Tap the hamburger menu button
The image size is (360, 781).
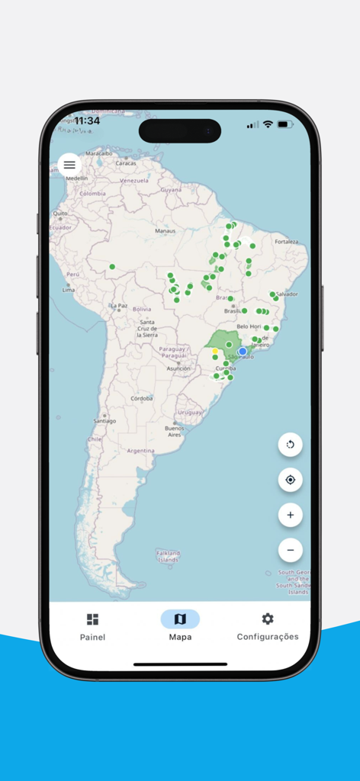coord(69,165)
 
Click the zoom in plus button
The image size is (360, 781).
coord(290,515)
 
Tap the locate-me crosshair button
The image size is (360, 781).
coord(290,480)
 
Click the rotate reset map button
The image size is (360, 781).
coord(290,445)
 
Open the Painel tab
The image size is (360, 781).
coord(92,626)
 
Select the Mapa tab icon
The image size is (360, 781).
coord(180,619)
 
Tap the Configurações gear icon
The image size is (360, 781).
coord(268,619)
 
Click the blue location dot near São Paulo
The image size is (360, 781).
coord(243,352)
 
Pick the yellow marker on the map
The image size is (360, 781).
coord(215,352)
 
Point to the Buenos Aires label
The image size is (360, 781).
coord(175,432)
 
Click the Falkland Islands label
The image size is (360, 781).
coord(168,556)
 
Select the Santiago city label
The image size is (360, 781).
coord(104,421)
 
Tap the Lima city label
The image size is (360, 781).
coord(69,290)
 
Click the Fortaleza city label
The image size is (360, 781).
coord(287,242)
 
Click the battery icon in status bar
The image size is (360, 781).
coord(286,124)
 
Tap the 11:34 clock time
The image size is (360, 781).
coord(87,121)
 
